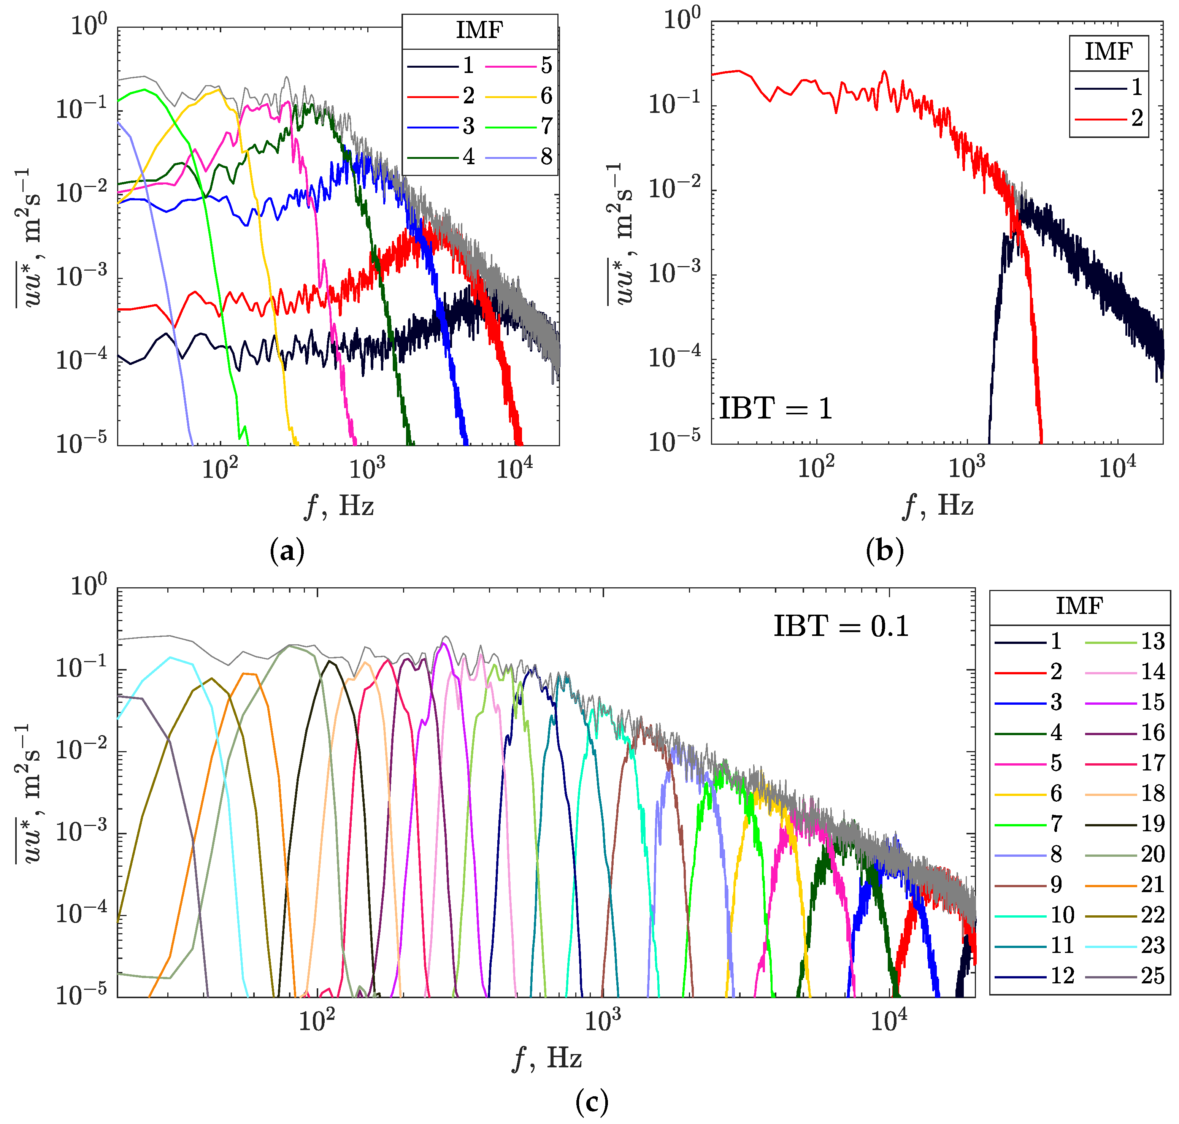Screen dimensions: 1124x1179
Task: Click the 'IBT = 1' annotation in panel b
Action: point(775,409)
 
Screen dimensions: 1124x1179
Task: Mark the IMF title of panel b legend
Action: point(1108,52)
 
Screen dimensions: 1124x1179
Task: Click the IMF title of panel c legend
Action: point(1079,606)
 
